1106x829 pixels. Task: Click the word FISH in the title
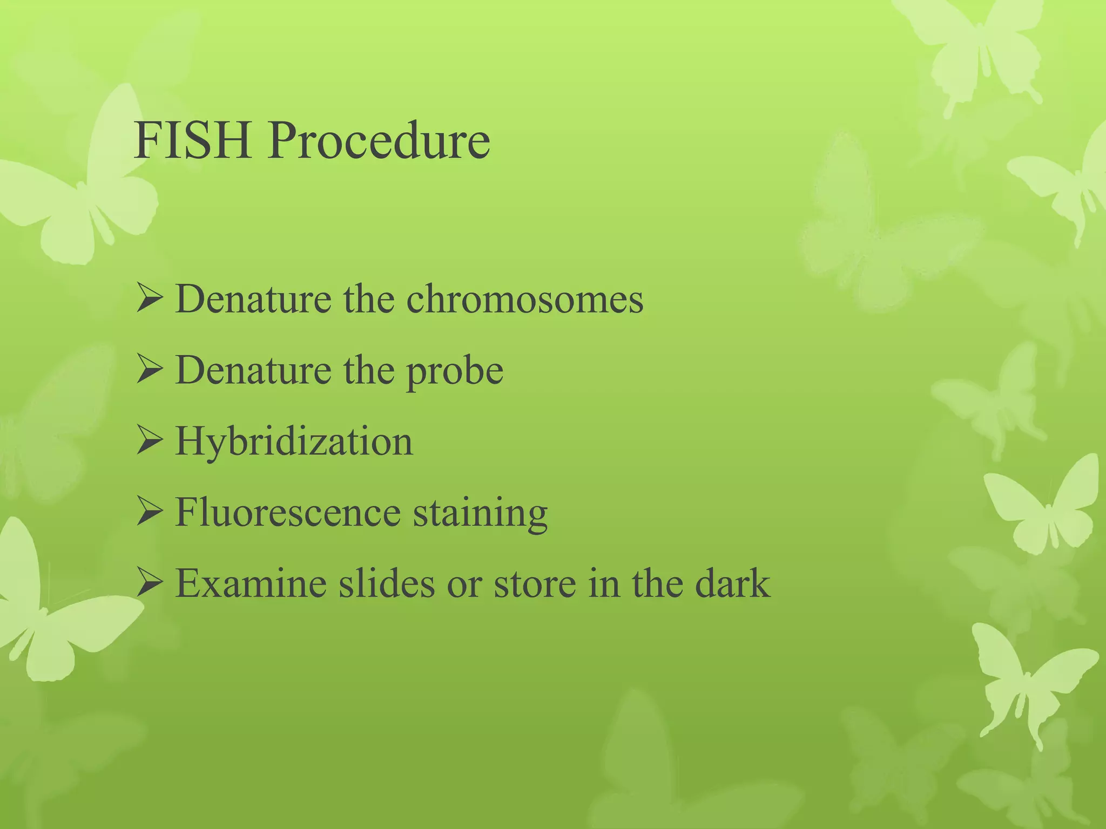pos(193,141)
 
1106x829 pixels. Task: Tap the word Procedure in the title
pos(379,141)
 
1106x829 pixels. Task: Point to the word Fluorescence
pos(288,512)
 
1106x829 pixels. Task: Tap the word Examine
pos(251,583)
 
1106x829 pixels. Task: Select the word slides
pos(387,583)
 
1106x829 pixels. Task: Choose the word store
pos(535,585)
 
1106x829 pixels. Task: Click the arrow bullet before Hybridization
pos(149,441)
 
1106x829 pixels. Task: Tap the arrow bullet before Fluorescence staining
pos(149,512)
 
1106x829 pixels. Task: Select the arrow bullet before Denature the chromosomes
pos(149,299)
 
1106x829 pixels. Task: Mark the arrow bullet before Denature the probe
pos(149,370)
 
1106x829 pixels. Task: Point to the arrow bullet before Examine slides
pos(149,583)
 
